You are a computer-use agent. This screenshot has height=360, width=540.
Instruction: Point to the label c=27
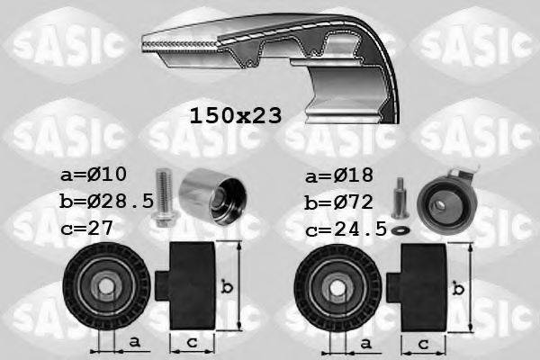[88, 229]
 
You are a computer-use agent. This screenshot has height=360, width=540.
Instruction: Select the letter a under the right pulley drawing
[364, 342]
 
